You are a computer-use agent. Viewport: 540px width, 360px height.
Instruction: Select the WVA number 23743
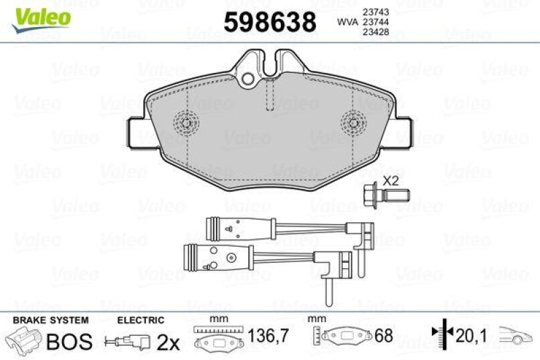(x=375, y=11)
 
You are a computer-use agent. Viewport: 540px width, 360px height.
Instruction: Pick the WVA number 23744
(x=375, y=22)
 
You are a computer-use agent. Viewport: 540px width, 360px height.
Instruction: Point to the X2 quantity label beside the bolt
(x=391, y=181)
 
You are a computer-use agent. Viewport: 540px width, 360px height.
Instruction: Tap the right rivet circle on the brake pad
(x=353, y=122)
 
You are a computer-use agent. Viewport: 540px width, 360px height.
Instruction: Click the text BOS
(x=68, y=342)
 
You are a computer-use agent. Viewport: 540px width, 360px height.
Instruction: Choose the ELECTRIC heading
(x=141, y=320)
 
